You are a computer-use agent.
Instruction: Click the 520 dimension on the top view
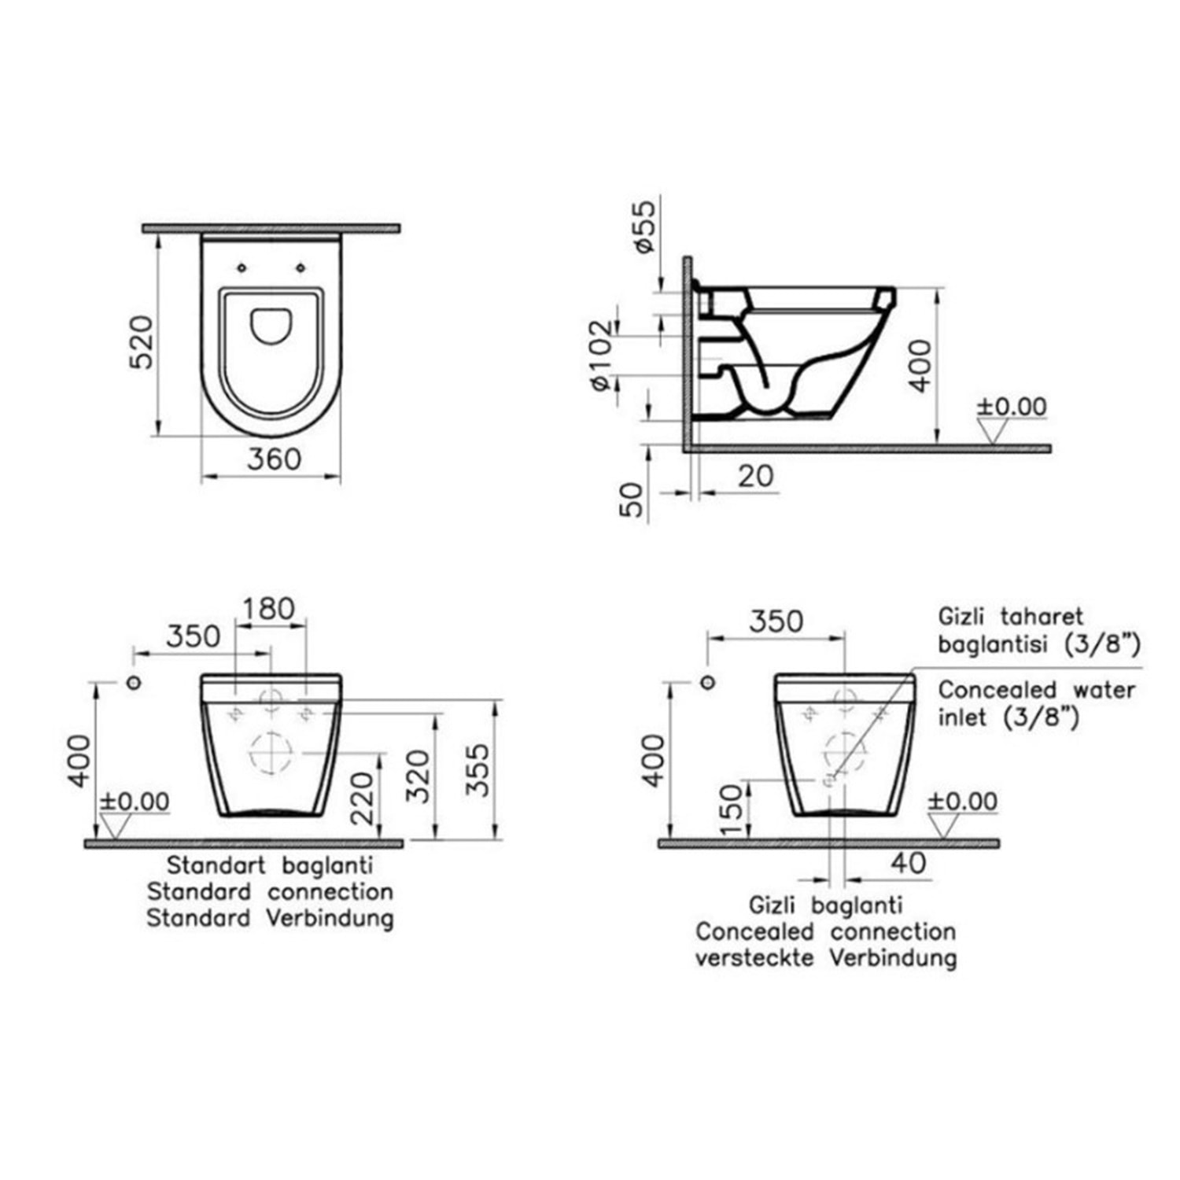coord(141,343)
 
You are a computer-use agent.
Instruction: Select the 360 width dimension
coord(274,459)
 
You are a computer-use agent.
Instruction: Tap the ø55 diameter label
coord(643,227)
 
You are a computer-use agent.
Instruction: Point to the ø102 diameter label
coord(599,356)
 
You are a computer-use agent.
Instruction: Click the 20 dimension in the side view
coord(756,476)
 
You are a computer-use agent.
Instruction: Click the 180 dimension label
coord(268,608)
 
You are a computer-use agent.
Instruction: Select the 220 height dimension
coord(362,798)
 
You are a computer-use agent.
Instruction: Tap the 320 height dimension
coord(419,776)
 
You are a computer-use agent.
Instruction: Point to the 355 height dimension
coord(478,770)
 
